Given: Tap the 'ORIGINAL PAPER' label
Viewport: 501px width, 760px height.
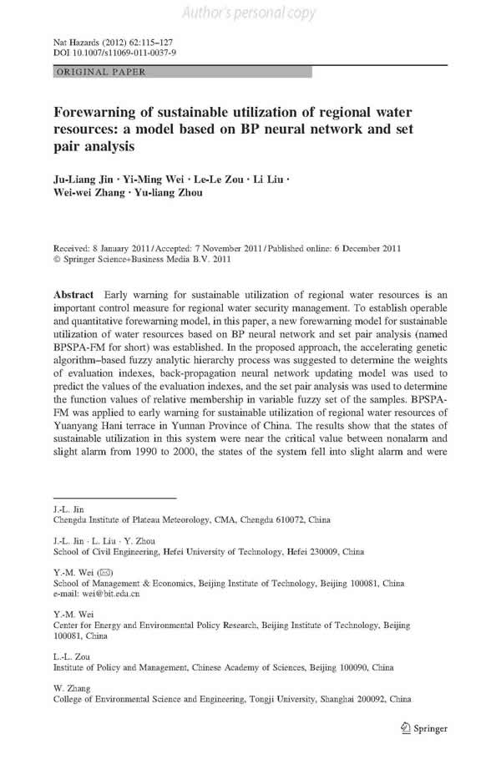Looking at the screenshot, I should click(x=100, y=73).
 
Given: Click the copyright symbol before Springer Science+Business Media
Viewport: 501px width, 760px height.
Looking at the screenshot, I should click(x=56, y=260).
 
